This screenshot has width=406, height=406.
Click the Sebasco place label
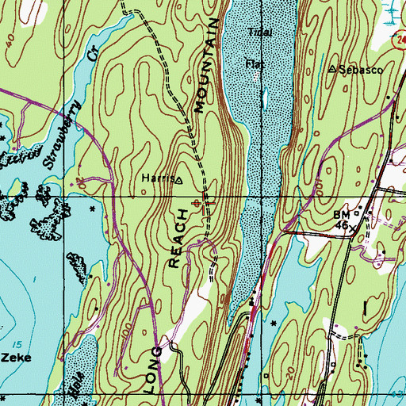[x=364, y=70]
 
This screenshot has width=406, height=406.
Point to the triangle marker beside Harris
[x=178, y=180]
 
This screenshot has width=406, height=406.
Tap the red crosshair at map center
[x=203, y=203]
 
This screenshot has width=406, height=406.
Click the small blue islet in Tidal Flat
[x=264, y=98]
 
